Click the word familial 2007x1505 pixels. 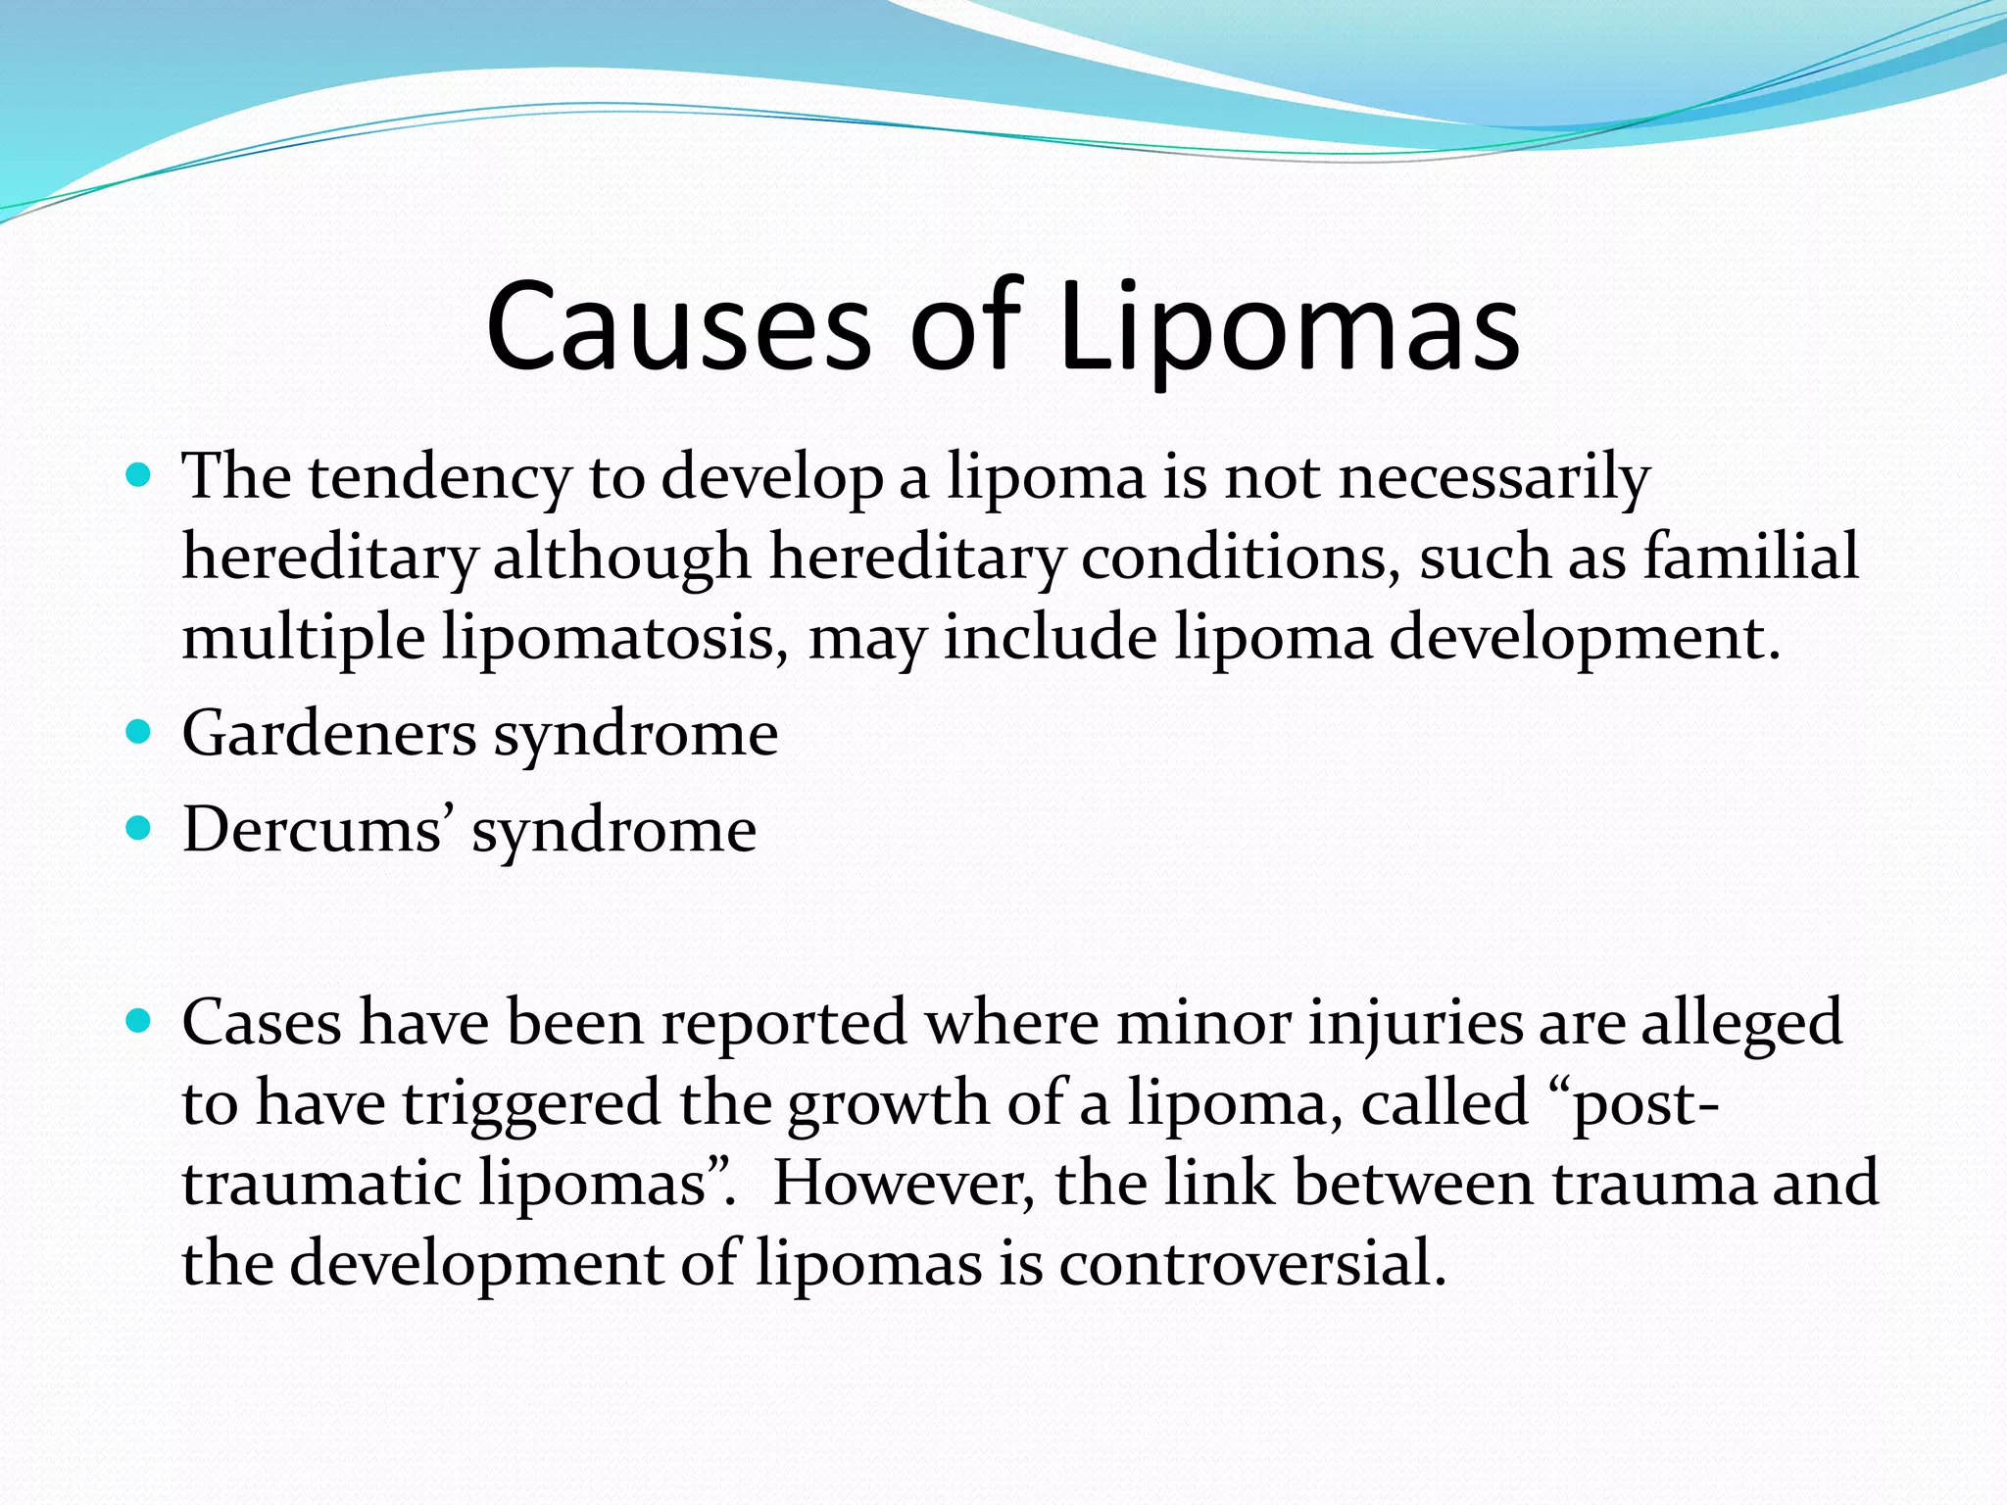pos(1750,557)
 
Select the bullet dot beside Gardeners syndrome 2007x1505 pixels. pos(140,732)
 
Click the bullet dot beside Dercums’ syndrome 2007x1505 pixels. pos(140,829)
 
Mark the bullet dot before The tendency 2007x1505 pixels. pos(140,476)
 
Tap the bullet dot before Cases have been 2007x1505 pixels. pos(140,1022)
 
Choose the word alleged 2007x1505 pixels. pos(1741,1024)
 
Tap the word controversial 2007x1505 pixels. pos(1252,1264)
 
